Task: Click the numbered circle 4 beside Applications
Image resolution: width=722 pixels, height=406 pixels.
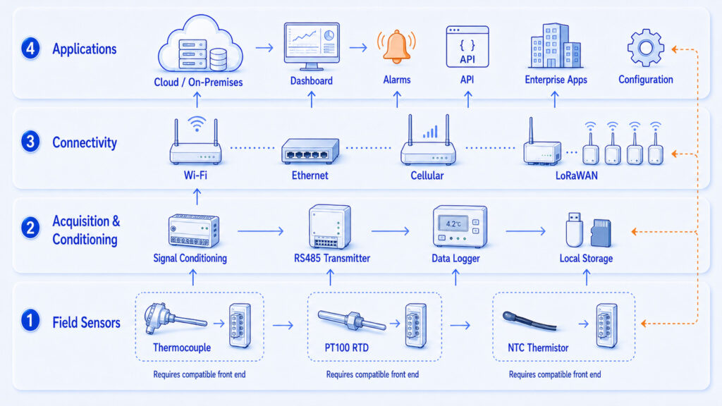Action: (x=30, y=49)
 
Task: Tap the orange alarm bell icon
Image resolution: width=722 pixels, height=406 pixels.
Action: (x=396, y=47)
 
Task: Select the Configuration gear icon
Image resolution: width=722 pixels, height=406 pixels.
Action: (x=646, y=48)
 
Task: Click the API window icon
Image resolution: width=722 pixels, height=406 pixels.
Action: (x=467, y=47)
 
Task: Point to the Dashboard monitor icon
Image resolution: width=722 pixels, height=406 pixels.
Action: (x=312, y=46)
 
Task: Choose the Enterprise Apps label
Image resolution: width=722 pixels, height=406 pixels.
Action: (x=556, y=80)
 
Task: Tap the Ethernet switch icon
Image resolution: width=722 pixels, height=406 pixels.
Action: (x=310, y=151)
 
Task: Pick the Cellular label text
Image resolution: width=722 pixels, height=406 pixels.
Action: (x=427, y=176)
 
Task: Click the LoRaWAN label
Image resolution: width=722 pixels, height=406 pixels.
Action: (x=577, y=176)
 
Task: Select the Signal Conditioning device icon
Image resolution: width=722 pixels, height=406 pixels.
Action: (x=193, y=230)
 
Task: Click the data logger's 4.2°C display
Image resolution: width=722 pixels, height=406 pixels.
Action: (x=453, y=223)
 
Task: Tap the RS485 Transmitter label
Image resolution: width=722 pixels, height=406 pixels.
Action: (x=332, y=258)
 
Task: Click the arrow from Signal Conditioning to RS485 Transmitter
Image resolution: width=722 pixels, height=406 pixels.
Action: (x=260, y=230)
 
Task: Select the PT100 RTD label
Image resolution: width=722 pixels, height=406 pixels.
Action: (x=347, y=347)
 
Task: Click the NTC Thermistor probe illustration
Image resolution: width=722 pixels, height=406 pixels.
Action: (x=530, y=321)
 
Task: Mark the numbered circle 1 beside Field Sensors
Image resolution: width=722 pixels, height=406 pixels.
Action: (x=30, y=321)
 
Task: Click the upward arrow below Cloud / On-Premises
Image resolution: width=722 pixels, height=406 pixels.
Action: (x=197, y=99)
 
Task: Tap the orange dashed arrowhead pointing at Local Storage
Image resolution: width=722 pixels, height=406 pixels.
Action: (x=635, y=231)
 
